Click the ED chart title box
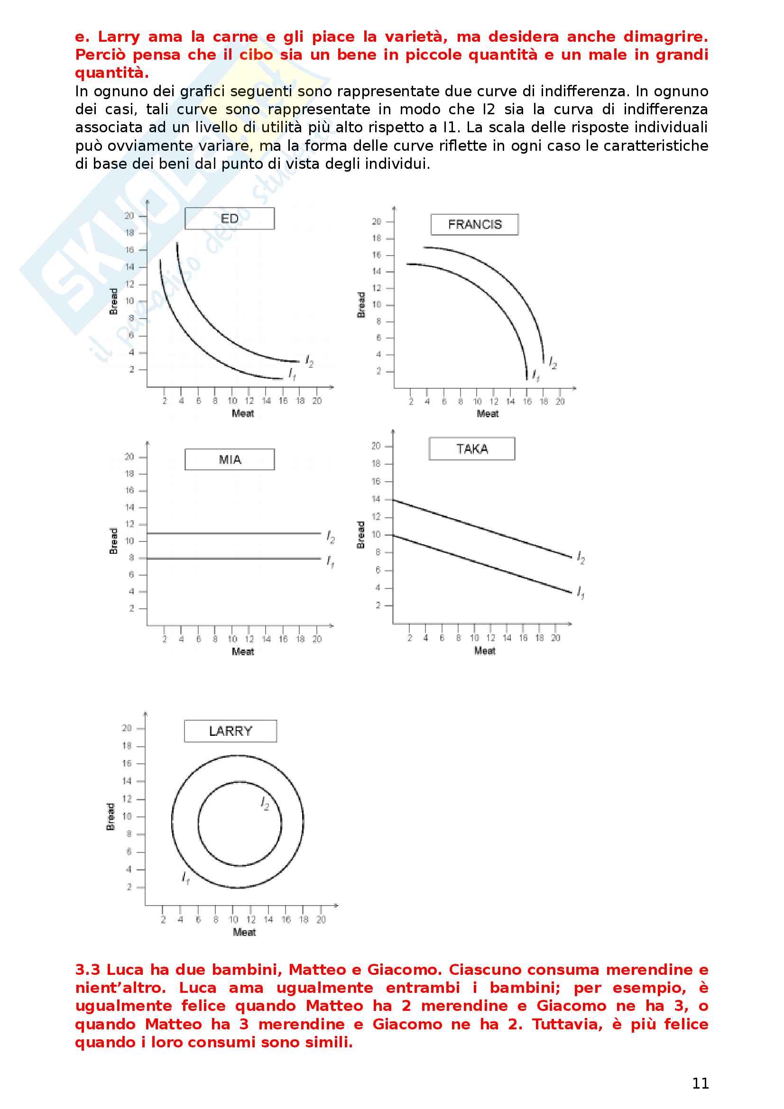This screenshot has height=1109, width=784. click(230, 218)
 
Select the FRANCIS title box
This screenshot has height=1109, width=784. click(474, 225)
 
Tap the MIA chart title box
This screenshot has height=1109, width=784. click(230, 459)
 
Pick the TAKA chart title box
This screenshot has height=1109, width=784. click(472, 449)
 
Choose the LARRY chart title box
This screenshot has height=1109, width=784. click(231, 731)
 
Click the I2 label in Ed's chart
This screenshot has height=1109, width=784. click(310, 361)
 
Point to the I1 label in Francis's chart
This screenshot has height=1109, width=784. click(535, 376)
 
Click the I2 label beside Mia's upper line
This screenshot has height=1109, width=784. click(331, 537)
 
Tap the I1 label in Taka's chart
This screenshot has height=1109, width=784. click(581, 593)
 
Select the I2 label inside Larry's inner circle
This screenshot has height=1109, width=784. click(265, 803)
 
